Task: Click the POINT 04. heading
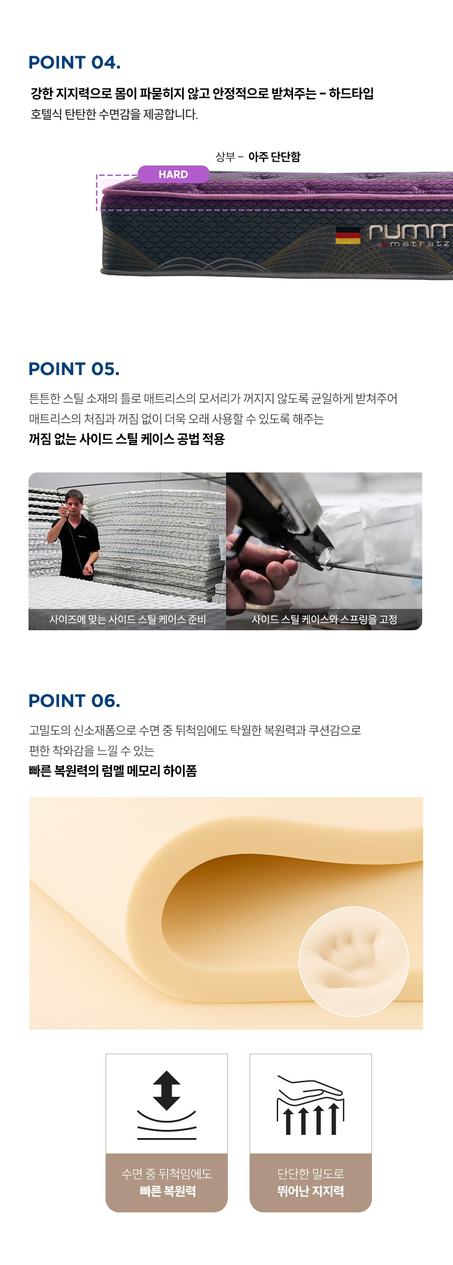(75, 63)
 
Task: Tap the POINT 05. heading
(74, 369)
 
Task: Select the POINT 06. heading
(75, 701)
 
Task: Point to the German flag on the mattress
(348, 235)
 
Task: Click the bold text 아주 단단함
(275, 157)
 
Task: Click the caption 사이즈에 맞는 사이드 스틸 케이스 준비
(128, 619)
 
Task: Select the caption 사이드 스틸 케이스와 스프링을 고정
(324, 619)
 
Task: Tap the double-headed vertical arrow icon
(167, 1090)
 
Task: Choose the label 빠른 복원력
(167, 1191)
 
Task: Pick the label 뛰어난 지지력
(311, 1191)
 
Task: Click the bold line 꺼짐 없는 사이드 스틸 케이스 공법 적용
(127, 438)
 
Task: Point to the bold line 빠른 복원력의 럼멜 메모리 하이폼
(113, 770)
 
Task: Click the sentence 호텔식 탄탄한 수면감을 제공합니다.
(114, 114)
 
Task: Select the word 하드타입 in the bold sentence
(351, 93)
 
